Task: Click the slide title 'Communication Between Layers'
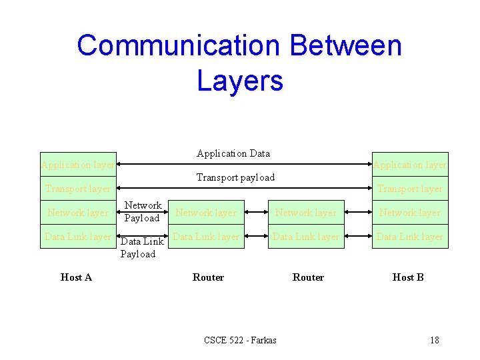point(240,63)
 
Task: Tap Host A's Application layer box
point(77,165)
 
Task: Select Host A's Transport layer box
point(77,189)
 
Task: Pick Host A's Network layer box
point(77,213)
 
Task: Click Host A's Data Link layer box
point(77,237)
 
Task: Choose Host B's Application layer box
point(410,165)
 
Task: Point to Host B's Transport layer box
point(410,189)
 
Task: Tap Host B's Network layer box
point(410,213)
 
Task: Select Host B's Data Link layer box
point(410,237)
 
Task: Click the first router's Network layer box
point(205,213)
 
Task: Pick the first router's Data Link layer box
point(205,237)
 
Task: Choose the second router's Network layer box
point(306,213)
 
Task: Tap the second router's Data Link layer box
point(306,237)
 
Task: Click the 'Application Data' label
point(233,153)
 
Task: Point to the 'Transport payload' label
point(235,177)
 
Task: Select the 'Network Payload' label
point(143,211)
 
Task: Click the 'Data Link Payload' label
point(140,248)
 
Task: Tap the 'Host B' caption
point(408,277)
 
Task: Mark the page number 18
point(435,340)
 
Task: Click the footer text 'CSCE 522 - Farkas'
point(240,340)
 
